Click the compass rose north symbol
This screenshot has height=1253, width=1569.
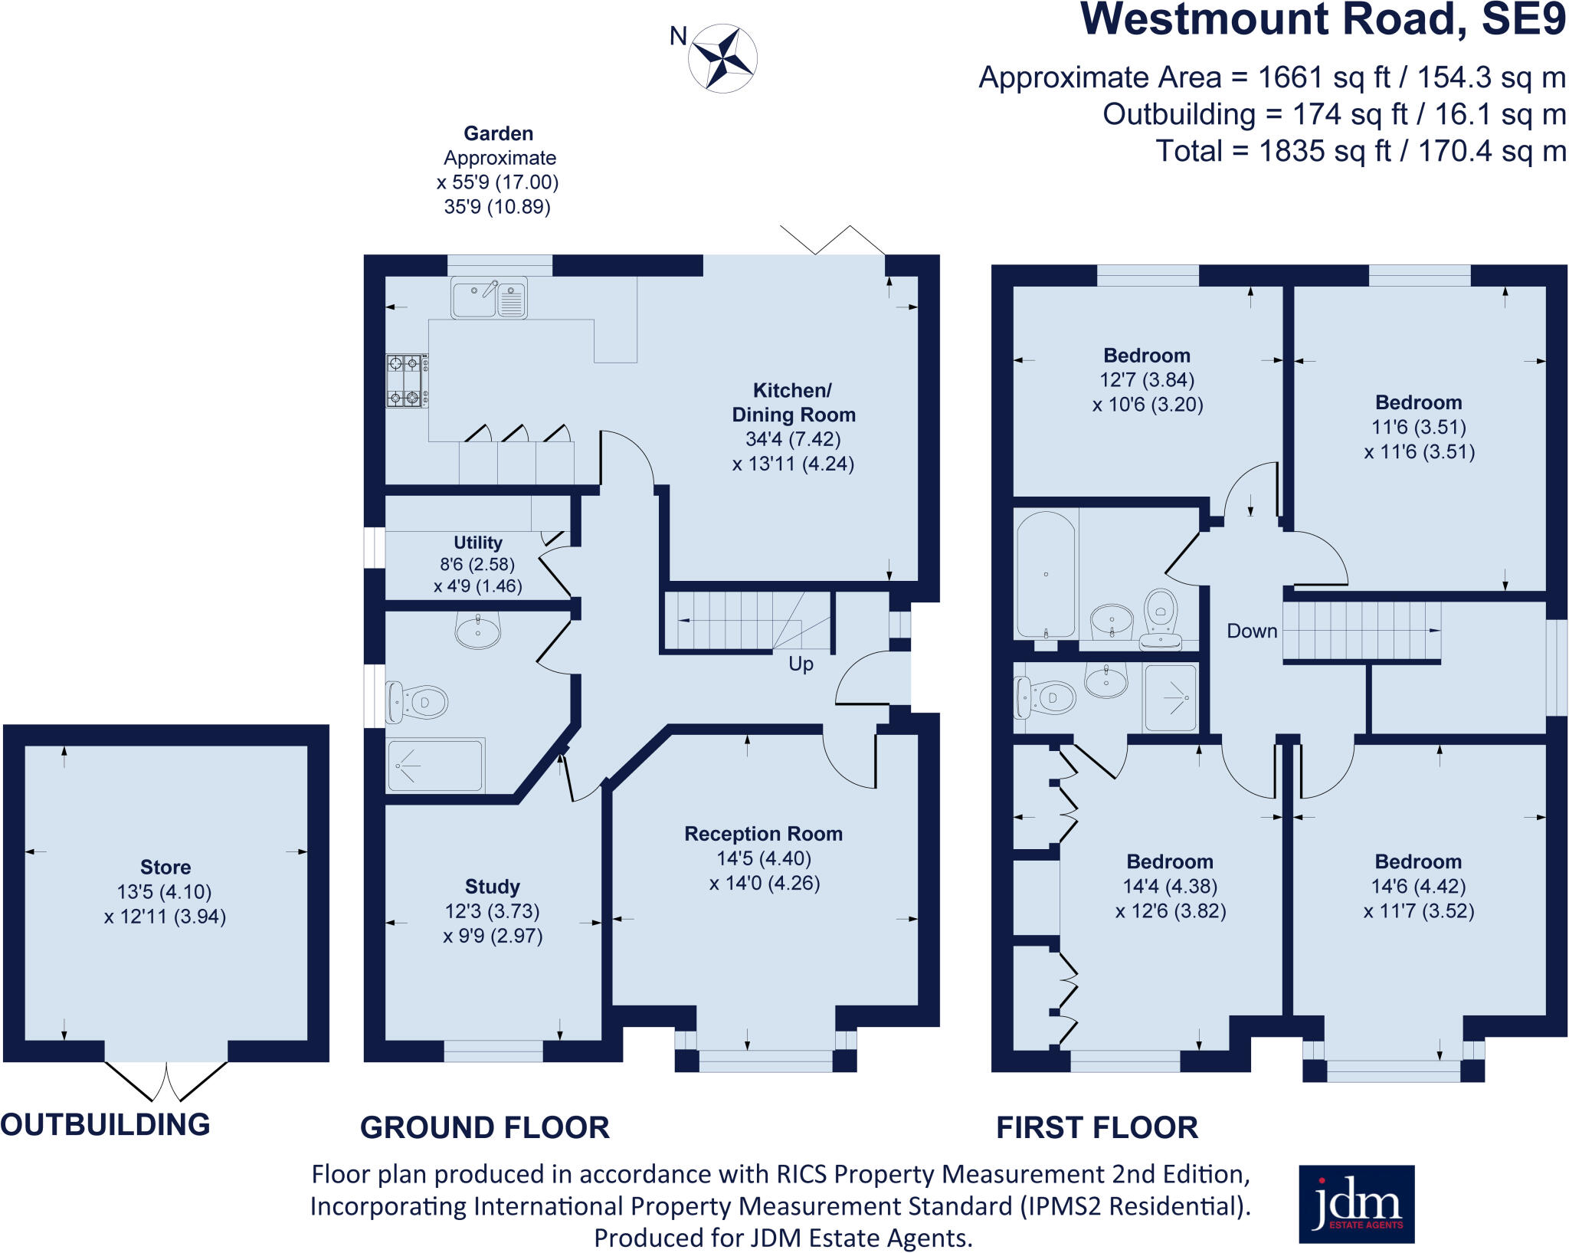click(722, 58)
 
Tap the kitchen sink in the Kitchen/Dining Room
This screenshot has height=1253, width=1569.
click(489, 297)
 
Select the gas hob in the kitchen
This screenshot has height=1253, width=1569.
click(406, 380)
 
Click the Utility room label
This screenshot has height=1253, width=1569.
click(478, 543)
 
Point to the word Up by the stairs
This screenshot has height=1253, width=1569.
click(801, 664)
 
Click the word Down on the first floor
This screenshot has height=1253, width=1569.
click(1252, 631)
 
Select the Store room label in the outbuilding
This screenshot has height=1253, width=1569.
click(165, 867)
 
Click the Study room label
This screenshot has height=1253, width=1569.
click(492, 887)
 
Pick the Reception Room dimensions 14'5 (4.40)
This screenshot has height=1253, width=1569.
click(764, 858)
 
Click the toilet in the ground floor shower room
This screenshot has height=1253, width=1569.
click(418, 701)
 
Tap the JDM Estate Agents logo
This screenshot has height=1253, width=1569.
click(1356, 1204)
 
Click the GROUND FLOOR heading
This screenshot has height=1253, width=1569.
click(484, 1127)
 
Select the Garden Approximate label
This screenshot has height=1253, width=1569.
click(499, 145)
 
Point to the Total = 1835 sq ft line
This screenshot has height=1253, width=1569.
click(1360, 151)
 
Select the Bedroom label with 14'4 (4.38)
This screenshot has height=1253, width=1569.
click(1169, 861)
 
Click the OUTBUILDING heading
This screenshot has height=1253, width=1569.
click(105, 1124)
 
